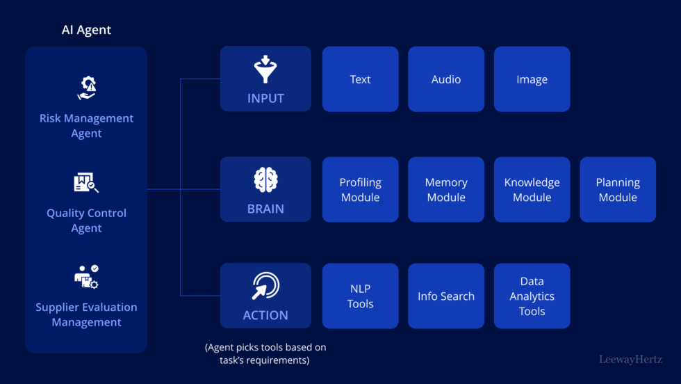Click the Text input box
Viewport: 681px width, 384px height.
coord(360,79)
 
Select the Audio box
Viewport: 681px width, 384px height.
coord(446,79)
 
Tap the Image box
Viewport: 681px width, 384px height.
coord(532,79)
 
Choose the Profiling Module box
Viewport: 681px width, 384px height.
coord(360,189)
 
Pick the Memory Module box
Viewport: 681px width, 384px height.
coord(446,189)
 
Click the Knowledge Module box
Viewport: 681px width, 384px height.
coord(532,189)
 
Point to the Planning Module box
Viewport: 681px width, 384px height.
coord(618,189)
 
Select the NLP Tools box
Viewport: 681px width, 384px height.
coord(360,296)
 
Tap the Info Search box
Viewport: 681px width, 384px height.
coord(446,296)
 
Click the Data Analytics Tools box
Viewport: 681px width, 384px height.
coord(532,296)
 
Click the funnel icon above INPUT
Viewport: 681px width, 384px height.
coord(265,70)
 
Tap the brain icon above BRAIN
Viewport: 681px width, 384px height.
coord(265,180)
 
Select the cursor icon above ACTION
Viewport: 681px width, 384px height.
coord(265,286)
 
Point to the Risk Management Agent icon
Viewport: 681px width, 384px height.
coord(86,88)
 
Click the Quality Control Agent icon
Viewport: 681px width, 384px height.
coord(86,183)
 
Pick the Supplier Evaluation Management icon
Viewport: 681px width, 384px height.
coord(86,277)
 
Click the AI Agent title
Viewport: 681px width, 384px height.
coord(86,30)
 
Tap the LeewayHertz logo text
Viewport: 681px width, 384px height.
coord(630,360)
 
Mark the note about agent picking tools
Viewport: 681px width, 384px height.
coord(265,353)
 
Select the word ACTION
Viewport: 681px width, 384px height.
coord(265,315)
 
